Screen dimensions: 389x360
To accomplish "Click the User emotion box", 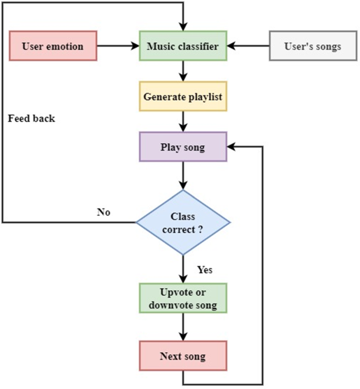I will tap(54, 46).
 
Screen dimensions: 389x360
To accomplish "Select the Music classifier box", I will tap(183, 46).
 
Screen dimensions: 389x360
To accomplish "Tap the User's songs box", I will tap(312, 46).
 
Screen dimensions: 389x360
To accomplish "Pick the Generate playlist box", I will tap(183, 97).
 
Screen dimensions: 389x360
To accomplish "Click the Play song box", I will tap(183, 147).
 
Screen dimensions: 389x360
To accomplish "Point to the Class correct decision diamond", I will tap(183, 223).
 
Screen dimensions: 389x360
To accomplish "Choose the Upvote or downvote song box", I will tap(183, 298).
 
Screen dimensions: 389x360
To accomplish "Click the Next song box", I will tap(183, 357).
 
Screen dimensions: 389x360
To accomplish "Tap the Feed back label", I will tap(32, 119).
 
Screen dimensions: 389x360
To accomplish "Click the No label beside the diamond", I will tap(104, 213).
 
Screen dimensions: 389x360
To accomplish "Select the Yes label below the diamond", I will tap(204, 270).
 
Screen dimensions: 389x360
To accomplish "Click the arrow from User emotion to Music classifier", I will tap(118, 46).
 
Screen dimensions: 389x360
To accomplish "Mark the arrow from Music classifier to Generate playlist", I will tap(183, 71).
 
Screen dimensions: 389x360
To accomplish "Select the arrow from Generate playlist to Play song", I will tap(183, 122).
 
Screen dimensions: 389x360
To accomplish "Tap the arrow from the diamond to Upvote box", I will tap(183, 269).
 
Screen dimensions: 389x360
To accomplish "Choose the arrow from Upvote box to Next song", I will tap(183, 327).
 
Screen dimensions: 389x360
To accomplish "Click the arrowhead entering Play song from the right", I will tap(231, 147).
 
